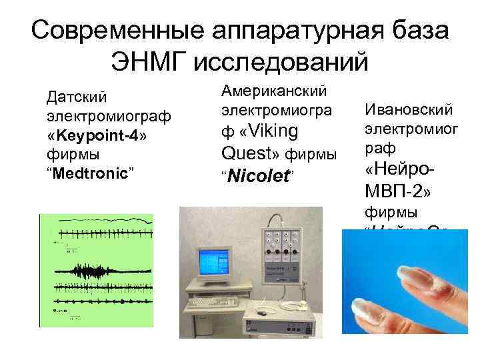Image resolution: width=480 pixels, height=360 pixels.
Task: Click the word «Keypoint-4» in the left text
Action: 99,135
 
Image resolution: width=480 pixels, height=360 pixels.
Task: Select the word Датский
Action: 76,97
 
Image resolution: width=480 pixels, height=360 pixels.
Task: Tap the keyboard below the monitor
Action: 213,302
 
